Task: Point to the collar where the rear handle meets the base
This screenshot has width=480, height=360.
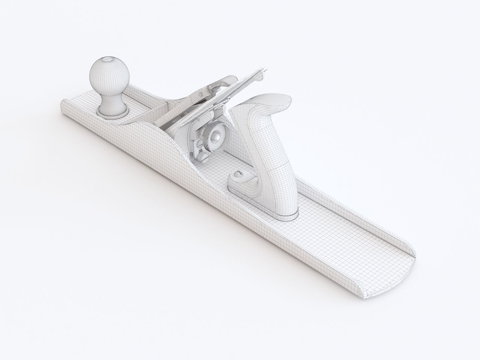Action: click(x=285, y=214)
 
